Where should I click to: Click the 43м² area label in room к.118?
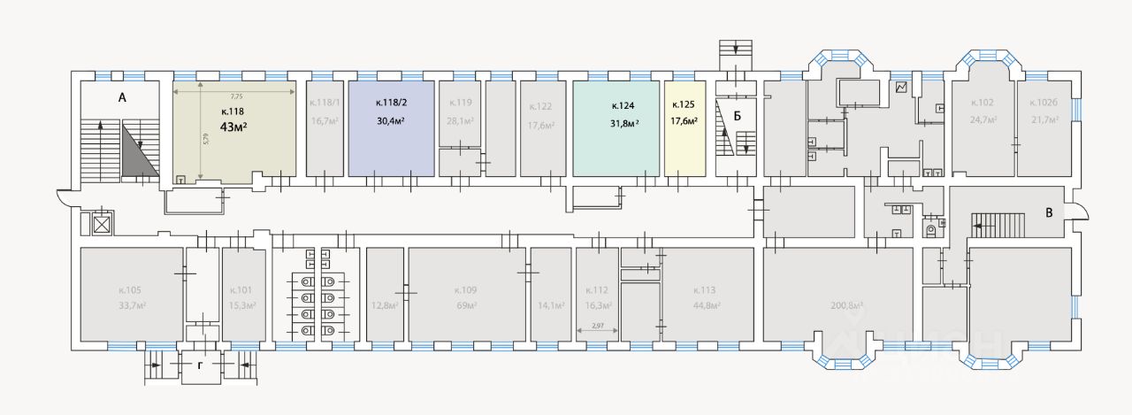pyautogui.click(x=233, y=127)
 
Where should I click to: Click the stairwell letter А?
pyautogui.click(x=123, y=98)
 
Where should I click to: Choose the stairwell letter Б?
pyautogui.click(x=736, y=115)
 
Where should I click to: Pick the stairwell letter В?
pyautogui.click(x=1048, y=212)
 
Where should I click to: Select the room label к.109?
pyautogui.click(x=468, y=290)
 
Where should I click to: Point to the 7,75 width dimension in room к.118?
pyautogui.click(x=236, y=96)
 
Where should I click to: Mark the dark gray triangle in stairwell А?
pyautogui.click(x=139, y=152)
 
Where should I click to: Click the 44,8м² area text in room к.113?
pyautogui.click(x=706, y=306)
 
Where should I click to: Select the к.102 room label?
pyautogui.click(x=983, y=103)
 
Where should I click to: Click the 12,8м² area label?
pyautogui.click(x=384, y=306)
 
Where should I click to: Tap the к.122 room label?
pyautogui.click(x=540, y=107)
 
